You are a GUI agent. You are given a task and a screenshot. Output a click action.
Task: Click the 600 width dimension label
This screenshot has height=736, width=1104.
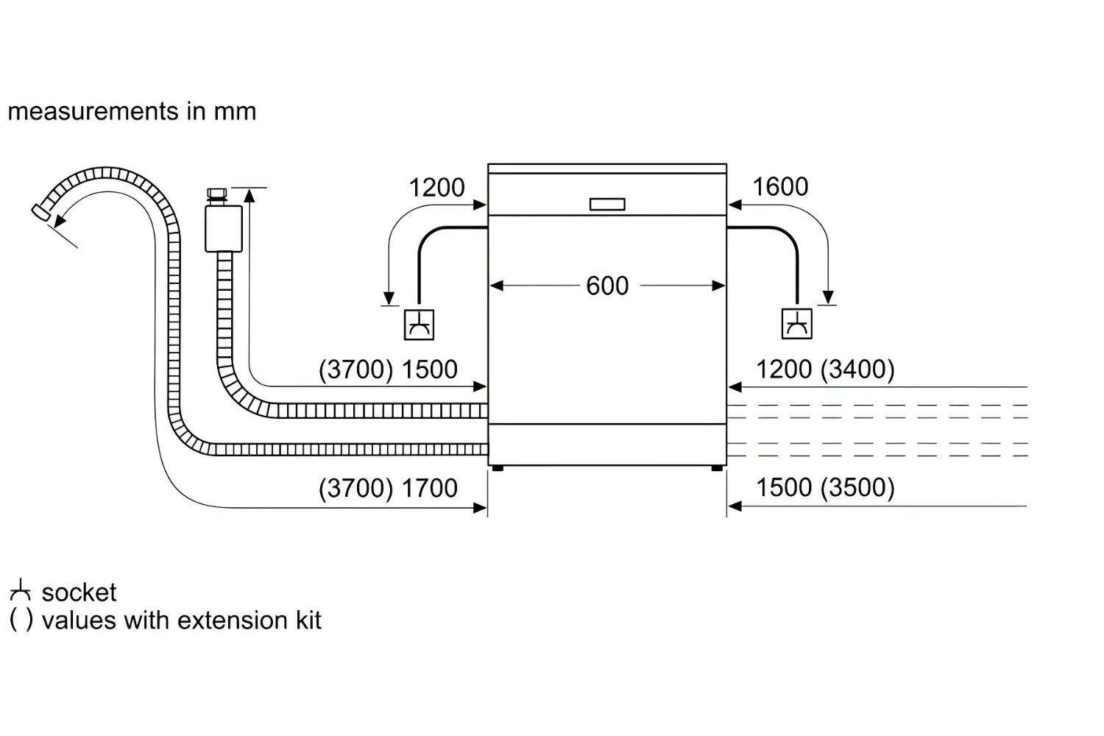(x=607, y=286)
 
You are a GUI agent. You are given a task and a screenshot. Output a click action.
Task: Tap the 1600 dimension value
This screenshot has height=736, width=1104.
(x=780, y=187)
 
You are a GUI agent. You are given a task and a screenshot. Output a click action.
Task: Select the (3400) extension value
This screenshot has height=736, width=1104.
(x=857, y=369)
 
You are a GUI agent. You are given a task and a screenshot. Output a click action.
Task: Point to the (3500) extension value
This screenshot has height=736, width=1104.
(x=857, y=488)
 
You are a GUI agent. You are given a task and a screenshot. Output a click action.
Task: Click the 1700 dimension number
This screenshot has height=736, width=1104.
(x=430, y=489)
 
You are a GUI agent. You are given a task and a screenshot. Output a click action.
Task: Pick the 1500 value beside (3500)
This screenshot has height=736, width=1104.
(x=784, y=488)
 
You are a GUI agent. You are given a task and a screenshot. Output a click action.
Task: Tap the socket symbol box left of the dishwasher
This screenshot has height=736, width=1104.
(x=419, y=325)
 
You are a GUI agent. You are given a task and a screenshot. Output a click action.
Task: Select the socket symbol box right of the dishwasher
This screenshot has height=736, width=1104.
(x=797, y=324)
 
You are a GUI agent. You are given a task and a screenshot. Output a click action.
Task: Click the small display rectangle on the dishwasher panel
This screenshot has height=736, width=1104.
(x=607, y=204)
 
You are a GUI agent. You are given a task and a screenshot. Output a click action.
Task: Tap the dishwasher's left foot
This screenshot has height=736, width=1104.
(x=498, y=468)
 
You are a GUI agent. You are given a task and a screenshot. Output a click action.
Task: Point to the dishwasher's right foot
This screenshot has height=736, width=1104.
(x=717, y=468)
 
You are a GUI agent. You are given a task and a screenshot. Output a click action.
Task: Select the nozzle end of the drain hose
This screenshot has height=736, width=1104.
(x=40, y=213)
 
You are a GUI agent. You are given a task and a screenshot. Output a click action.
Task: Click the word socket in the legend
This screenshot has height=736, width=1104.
(x=79, y=592)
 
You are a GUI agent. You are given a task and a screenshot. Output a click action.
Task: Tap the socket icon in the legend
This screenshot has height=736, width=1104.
(x=20, y=590)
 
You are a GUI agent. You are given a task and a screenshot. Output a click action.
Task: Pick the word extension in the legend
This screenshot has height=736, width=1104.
(x=233, y=620)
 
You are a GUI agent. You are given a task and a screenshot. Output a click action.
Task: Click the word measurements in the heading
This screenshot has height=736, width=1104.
(x=93, y=111)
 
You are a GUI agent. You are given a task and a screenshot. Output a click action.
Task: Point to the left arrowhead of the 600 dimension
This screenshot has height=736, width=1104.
(x=496, y=286)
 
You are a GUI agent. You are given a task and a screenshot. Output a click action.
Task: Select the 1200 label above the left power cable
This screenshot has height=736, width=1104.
(x=436, y=188)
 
